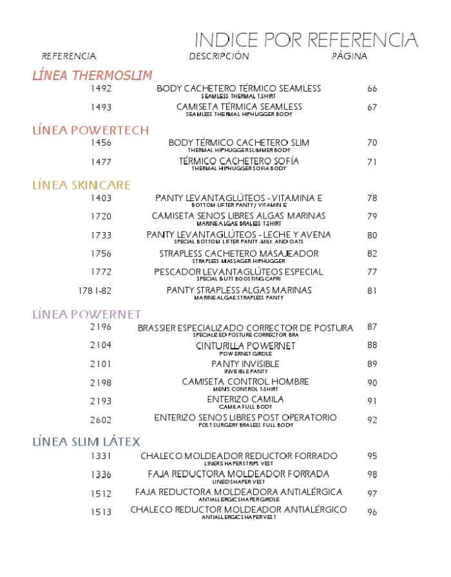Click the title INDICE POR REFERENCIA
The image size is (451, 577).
[306, 40]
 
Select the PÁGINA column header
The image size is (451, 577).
[349, 56]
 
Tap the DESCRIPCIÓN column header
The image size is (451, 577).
[218, 56]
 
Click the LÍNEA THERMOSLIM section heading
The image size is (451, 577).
[92, 75]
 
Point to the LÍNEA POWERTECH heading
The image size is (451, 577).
[90, 130]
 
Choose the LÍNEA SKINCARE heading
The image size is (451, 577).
[81, 186]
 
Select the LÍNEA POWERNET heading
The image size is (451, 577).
[86, 315]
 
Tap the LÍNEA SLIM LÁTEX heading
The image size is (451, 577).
[86, 442]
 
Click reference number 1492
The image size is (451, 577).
[101, 88]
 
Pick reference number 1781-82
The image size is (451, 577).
[95, 291]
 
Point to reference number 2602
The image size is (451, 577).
[101, 420]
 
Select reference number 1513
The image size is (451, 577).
[101, 512]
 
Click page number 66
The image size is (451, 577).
[372, 88]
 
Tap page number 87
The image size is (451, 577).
[372, 327]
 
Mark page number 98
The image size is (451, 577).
[372, 474]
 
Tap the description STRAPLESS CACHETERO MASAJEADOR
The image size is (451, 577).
[239, 253]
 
